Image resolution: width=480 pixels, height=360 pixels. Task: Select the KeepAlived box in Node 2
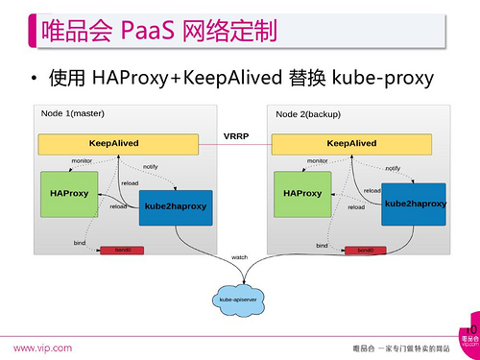350,144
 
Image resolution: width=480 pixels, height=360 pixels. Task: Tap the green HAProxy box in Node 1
69,193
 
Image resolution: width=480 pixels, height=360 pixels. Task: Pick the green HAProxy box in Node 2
302,193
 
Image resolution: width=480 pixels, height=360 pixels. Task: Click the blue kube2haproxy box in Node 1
176,206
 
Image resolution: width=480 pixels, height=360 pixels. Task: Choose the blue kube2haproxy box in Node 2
415,204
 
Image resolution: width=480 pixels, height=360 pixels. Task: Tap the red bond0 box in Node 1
123,251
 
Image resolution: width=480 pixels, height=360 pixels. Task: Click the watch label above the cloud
239,257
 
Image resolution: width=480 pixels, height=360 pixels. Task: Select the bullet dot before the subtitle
35,77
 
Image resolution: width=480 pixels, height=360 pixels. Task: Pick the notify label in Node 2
392,168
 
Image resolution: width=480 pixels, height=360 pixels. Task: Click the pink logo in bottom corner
469,336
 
